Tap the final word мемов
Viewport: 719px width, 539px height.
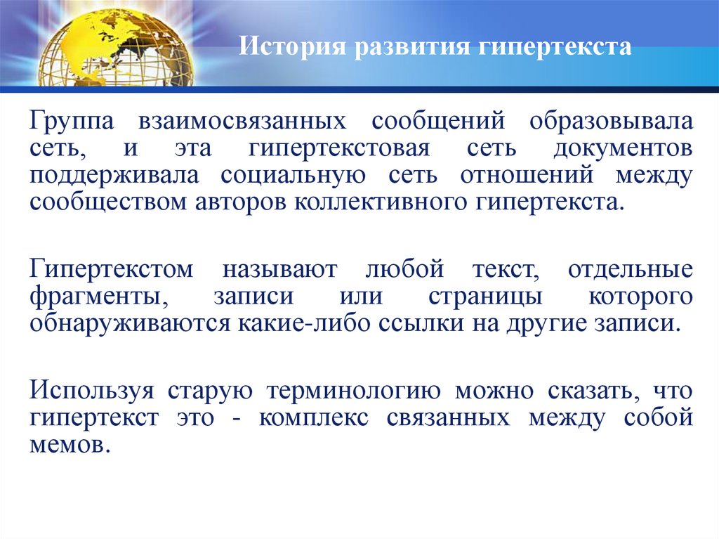click(70, 445)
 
